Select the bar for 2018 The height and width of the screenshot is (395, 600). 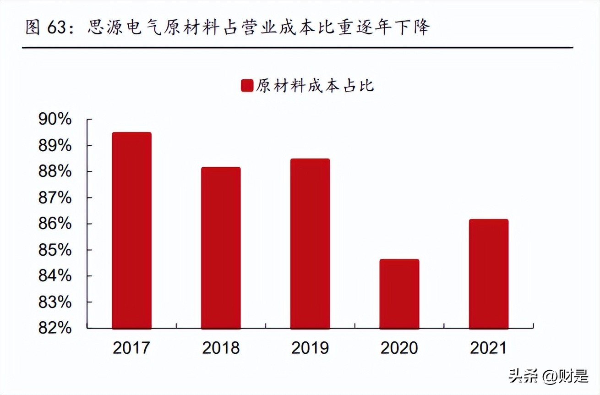[221, 247]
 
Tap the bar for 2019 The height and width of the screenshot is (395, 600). [310, 243]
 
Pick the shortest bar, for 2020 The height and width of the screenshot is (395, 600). [399, 294]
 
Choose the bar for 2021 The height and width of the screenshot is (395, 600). [489, 274]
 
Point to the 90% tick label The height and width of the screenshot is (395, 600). [55, 120]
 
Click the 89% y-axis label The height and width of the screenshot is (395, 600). [55, 146]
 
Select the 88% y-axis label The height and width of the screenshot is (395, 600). [55, 172]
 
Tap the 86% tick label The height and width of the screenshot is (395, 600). [55, 224]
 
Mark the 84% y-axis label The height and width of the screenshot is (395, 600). [55, 276]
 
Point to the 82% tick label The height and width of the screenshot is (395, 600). [55, 328]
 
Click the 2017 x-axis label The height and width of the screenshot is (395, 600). [131, 348]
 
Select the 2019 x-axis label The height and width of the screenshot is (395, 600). [310, 348]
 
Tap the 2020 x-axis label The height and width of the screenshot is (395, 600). [399, 348]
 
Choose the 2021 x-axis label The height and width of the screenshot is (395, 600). [489, 348]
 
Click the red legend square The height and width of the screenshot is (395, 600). [247, 86]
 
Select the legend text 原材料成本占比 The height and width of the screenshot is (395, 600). [315, 86]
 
